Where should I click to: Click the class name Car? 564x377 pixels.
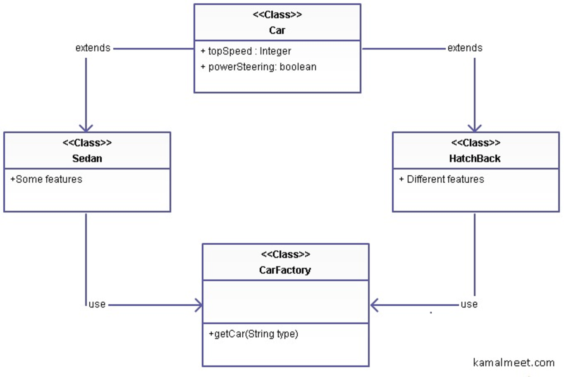(277, 30)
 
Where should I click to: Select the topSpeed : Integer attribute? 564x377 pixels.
(246, 51)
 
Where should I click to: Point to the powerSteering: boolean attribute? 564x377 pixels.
(258, 67)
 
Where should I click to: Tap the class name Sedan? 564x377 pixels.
(87, 158)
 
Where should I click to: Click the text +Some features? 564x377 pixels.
(46, 179)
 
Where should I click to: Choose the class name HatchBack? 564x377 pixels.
(475, 158)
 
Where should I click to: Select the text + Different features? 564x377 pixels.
(442, 179)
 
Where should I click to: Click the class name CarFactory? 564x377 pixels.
(285, 270)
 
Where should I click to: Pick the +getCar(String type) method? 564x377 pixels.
(253, 334)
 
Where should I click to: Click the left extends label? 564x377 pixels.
(93, 48)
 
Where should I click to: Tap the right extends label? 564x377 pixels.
(465, 48)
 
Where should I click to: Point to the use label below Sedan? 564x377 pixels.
(97, 305)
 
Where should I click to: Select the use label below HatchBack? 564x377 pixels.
(469, 305)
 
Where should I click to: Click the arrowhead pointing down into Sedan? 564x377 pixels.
(86, 128)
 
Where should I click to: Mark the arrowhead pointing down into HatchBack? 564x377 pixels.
(475, 128)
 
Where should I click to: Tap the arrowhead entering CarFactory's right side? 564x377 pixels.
(374, 305)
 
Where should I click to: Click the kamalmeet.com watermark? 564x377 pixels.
(514, 363)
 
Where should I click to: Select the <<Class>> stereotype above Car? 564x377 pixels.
(277, 15)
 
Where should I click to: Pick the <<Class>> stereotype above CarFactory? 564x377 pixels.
(285, 255)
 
